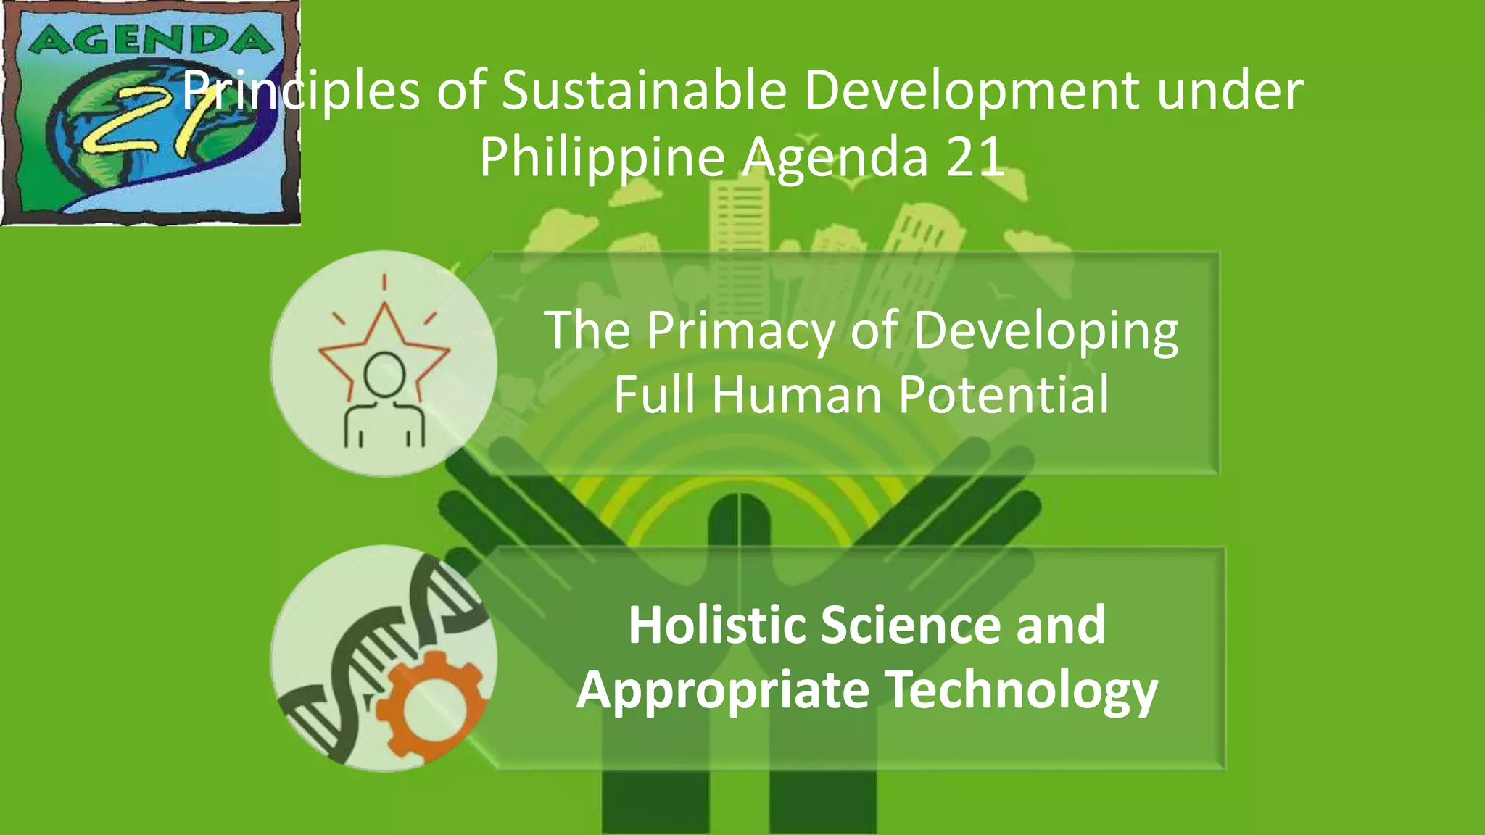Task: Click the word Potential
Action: click(1004, 395)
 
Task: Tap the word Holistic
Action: click(716, 625)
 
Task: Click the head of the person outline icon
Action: click(384, 374)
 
